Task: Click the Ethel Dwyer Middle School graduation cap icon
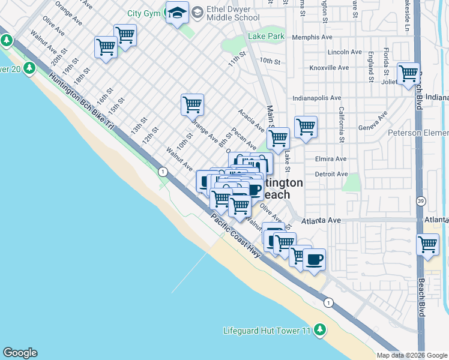(x=178, y=14)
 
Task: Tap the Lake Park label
(x=266, y=37)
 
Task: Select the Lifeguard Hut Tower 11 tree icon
(x=321, y=330)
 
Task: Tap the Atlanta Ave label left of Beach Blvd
(x=321, y=220)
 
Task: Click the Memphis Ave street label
(x=312, y=37)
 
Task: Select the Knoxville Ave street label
(x=328, y=68)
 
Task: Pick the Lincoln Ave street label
(x=343, y=52)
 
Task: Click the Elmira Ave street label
(x=331, y=160)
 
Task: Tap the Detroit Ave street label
(x=331, y=174)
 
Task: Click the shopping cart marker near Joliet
(x=408, y=73)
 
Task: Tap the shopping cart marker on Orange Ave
(x=192, y=104)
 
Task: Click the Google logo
(x=20, y=353)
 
